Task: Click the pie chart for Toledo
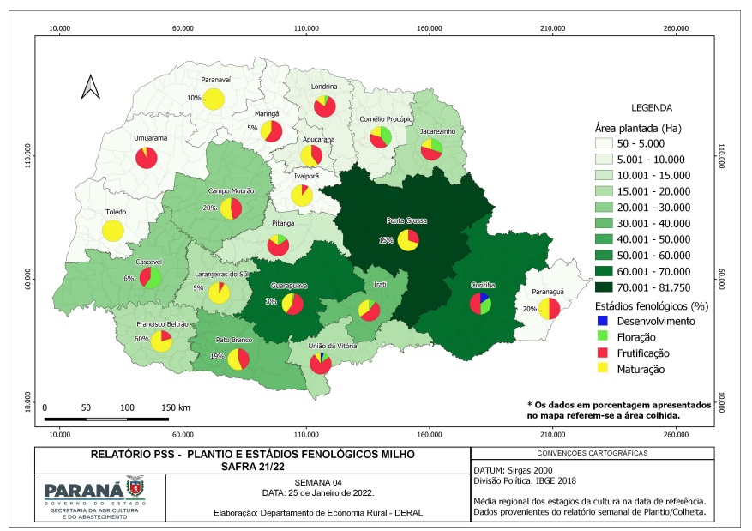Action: pos(113,230)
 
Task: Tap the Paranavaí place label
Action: pos(216,80)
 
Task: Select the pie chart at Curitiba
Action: pos(480,304)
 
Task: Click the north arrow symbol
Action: pos(91,87)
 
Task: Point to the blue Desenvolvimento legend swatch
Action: pos(602,321)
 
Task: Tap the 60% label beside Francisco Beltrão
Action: pos(141,339)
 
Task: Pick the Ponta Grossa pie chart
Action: pos(408,240)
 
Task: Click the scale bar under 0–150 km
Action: pos(106,419)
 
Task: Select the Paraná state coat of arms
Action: pos(135,487)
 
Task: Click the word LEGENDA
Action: pos(652,108)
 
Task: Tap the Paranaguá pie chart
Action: pos(549,309)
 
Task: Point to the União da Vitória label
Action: pos(333,346)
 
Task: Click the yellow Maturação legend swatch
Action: pos(602,368)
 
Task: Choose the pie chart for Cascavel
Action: pos(150,278)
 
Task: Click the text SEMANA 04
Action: pos(318,483)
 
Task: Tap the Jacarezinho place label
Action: pos(438,131)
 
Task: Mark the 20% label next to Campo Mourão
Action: pos(209,208)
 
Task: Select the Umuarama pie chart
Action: pos(147,158)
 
